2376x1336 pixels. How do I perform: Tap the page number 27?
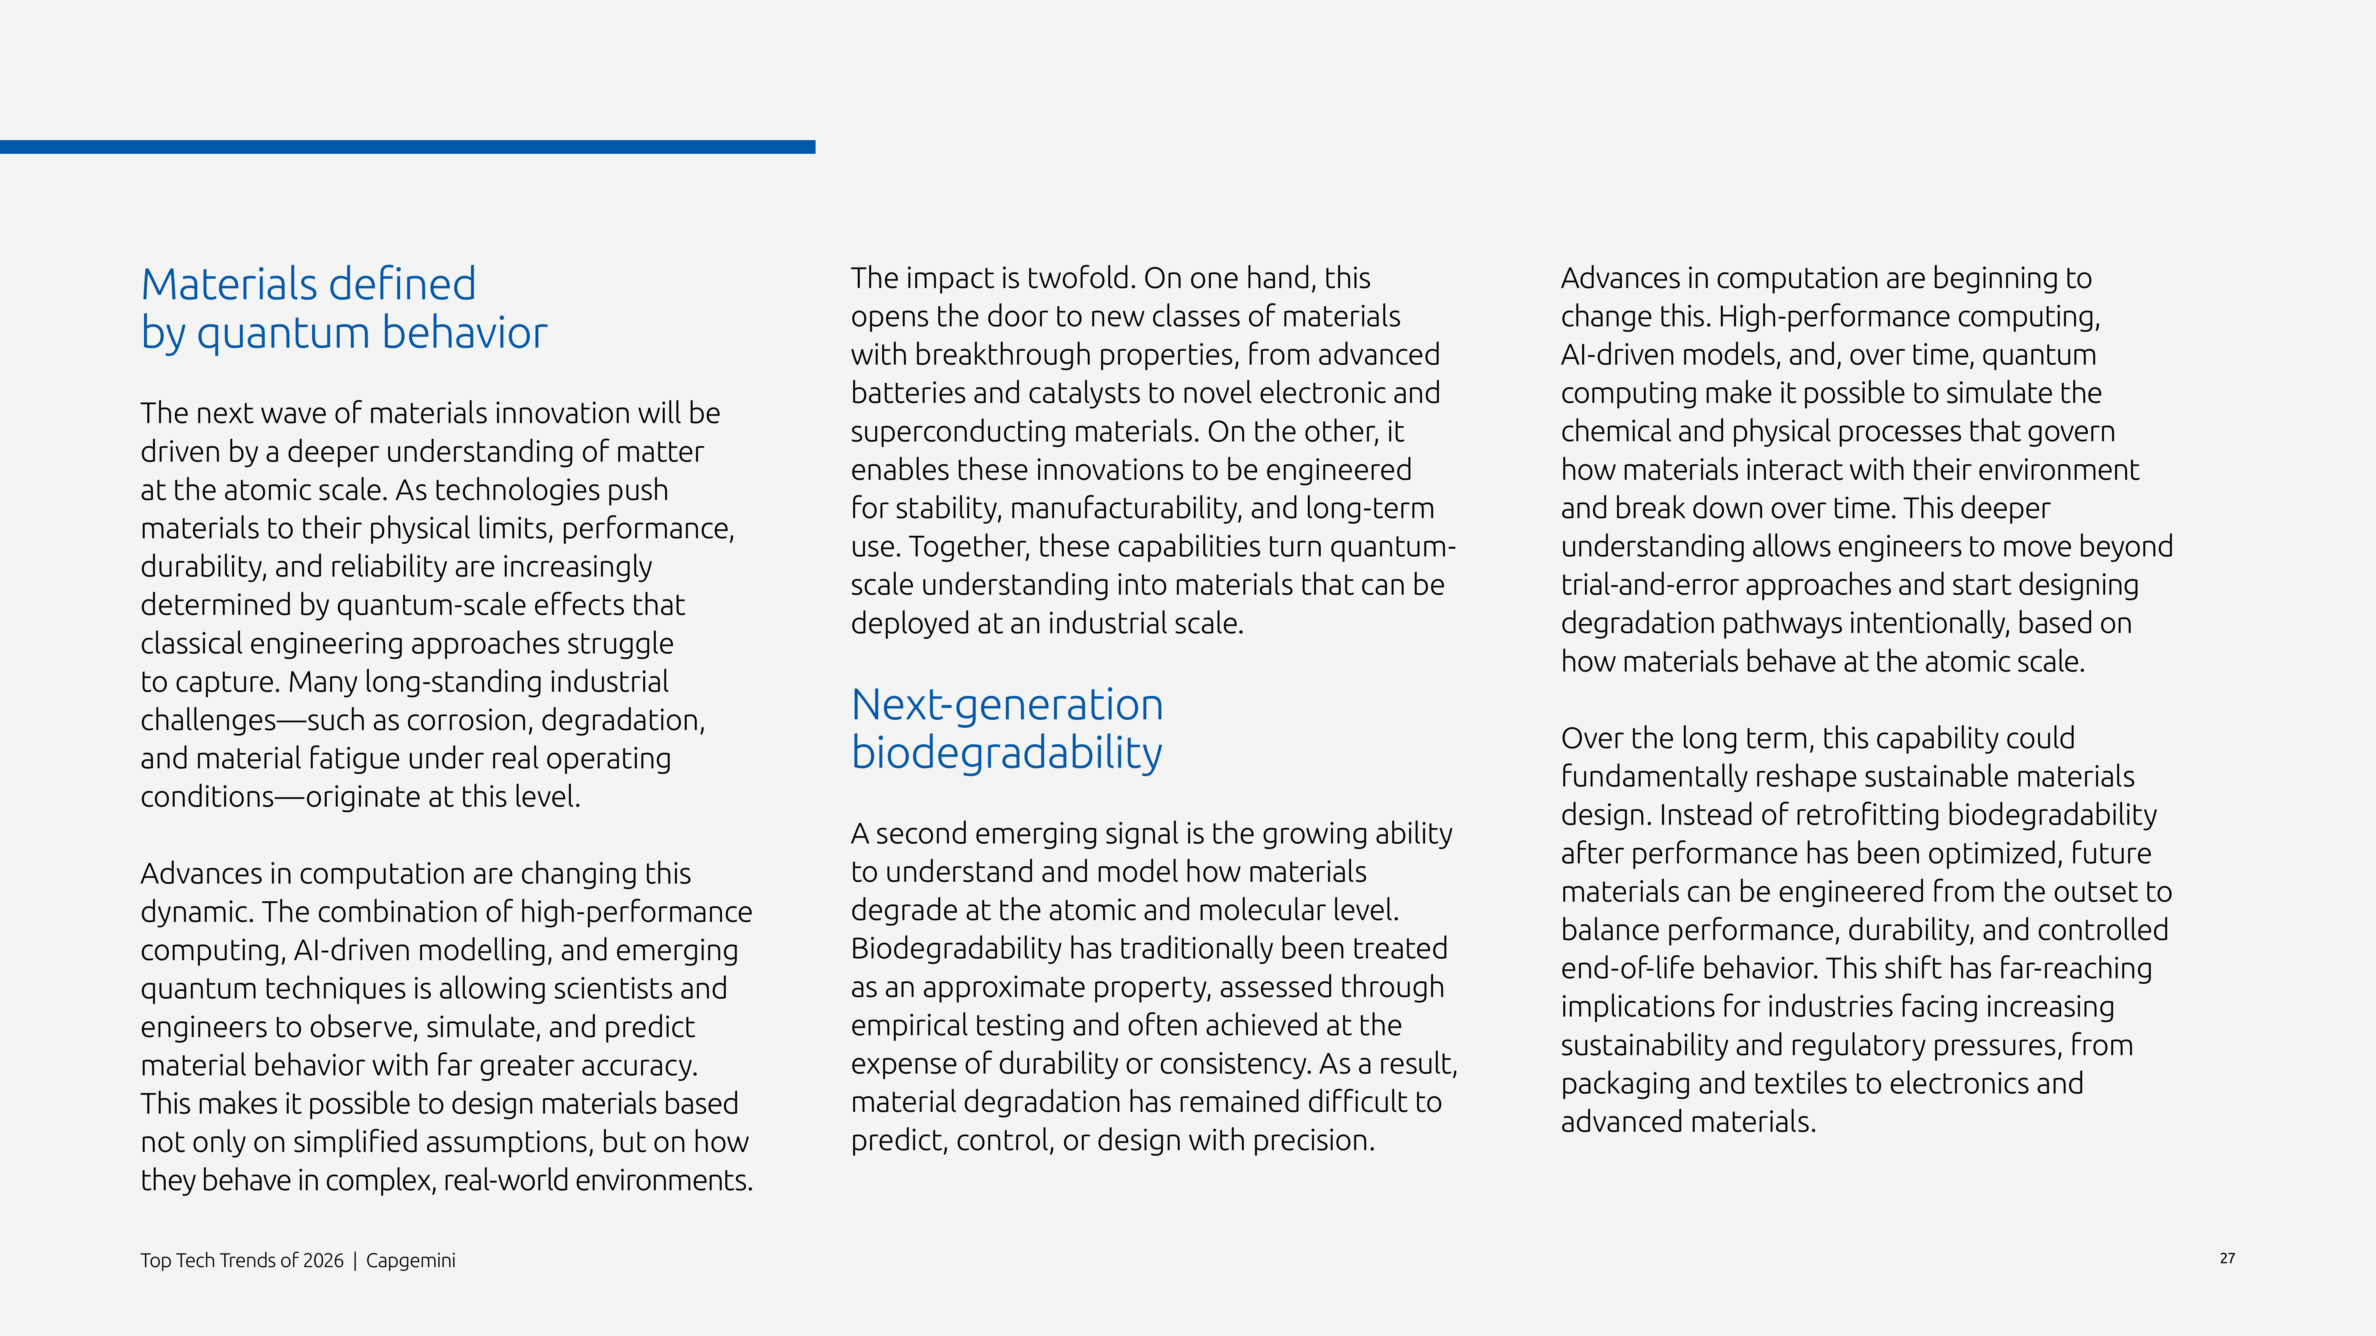pyautogui.click(x=2227, y=1259)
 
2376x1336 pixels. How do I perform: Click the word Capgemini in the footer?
pyautogui.click(x=410, y=1260)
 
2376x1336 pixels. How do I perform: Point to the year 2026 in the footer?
pyautogui.click(x=323, y=1260)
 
